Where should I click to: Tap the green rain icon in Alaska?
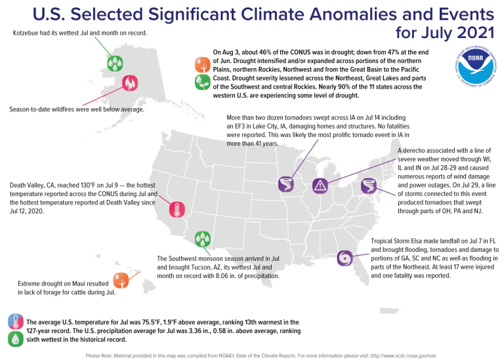coord(116,62)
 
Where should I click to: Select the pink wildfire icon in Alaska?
coord(130,84)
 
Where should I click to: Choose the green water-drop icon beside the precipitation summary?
coord(14,339)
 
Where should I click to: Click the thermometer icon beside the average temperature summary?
coord(14,322)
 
